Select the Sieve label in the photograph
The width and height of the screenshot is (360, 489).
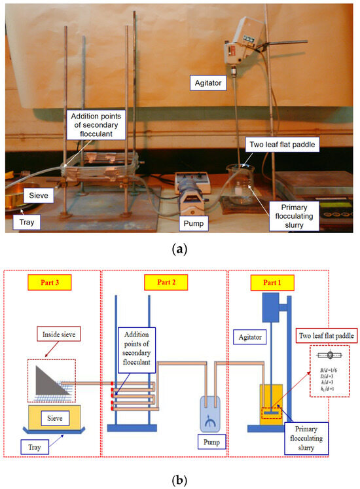point(35,194)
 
